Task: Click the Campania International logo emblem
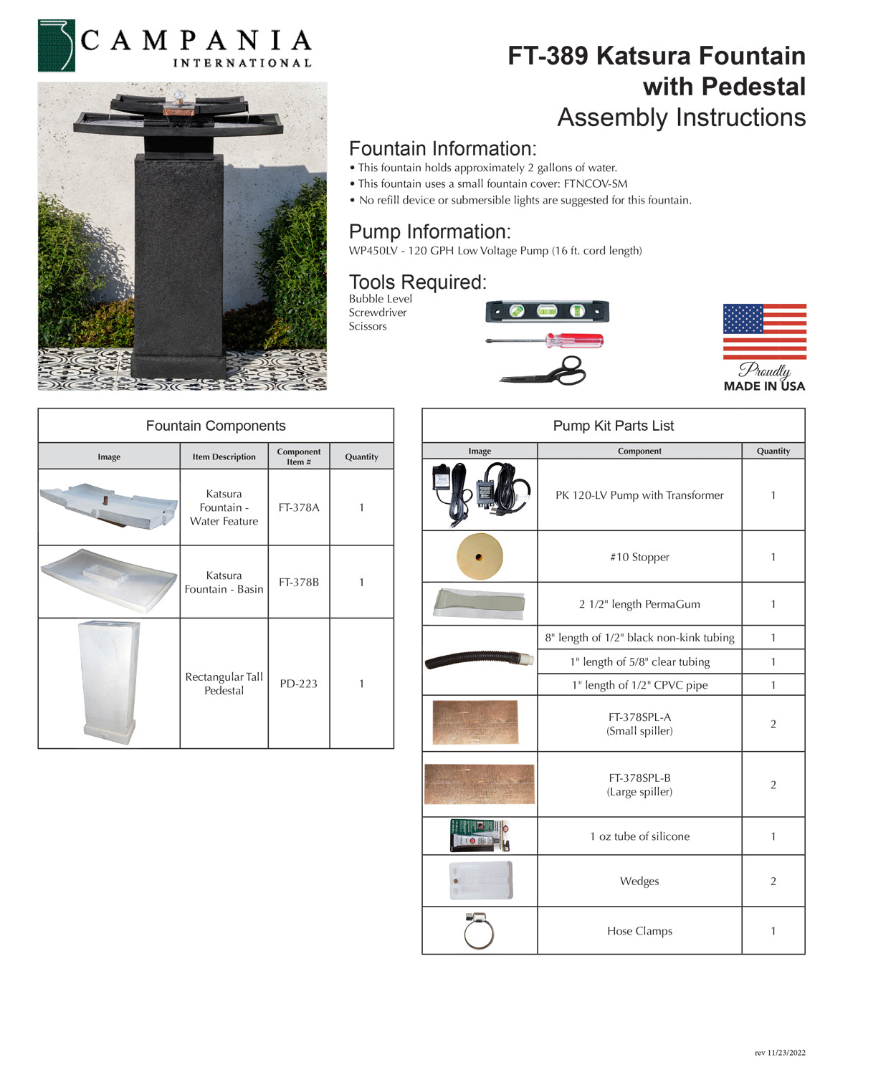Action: (56, 46)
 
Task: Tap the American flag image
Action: (764, 331)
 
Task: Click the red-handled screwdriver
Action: (545, 340)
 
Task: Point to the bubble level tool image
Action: (547, 312)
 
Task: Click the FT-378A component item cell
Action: (299, 507)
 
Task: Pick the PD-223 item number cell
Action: (299, 684)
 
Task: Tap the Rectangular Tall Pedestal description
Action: (224, 684)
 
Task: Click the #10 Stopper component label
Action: (639, 557)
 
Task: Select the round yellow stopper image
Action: (480, 557)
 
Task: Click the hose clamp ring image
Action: (479, 932)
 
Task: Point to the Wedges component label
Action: (639, 881)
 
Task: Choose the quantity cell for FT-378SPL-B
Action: (773, 785)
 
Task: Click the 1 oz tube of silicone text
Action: (639, 836)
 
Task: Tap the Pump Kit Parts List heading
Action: (614, 426)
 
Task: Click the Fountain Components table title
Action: (216, 426)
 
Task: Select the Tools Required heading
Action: (418, 282)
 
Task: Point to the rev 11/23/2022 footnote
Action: (780, 1053)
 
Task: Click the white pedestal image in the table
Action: (109, 682)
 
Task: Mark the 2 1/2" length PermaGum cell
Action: (639, 604)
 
